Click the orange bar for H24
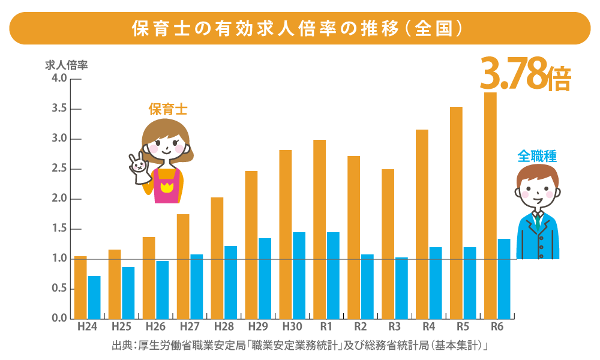[80, 287]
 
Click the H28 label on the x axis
[224, 328]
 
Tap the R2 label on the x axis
[361, 328]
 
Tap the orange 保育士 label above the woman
[168, 110]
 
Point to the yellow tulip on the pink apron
[166, 188]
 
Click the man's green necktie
[539, 221]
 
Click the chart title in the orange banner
[299, 28]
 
